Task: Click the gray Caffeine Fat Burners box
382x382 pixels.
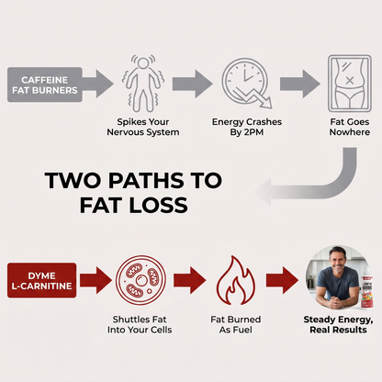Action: tap(45, 84)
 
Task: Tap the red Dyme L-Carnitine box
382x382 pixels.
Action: tap(41, 280)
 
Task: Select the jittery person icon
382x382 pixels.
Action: tap(143, 84)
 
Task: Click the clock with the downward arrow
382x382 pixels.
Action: tap(247, 83)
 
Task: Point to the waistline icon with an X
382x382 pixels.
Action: tap(350, 84)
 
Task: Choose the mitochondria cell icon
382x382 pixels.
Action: tap(140, 280)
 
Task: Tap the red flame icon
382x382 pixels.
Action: tap(236, 280)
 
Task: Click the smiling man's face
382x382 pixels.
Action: tap(338, 263)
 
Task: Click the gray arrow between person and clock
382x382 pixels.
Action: tap(192, 84)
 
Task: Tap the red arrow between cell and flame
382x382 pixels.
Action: tap(190, 280)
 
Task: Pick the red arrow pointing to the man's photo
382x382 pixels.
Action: tap(282, 280)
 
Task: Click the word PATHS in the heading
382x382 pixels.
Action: tap(146, 181)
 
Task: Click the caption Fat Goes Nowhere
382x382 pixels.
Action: tap(350, 127)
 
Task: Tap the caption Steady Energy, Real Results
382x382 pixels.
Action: tap(338, 325)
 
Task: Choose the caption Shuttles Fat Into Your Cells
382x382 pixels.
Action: tap(140, 325)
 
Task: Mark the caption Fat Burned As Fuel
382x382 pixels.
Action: tap(236, 325)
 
